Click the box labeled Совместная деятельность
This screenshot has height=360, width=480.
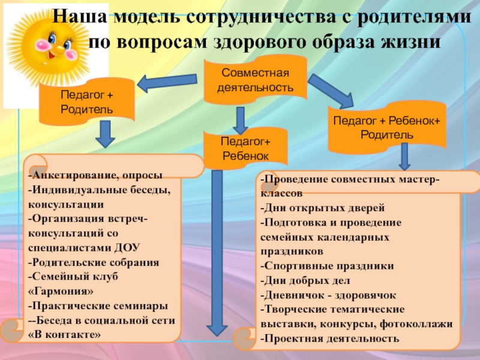(255, 80)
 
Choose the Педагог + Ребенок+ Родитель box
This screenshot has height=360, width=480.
(386, 127)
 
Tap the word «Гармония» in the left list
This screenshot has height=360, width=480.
(61, 290)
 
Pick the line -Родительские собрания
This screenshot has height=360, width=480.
(93, 262)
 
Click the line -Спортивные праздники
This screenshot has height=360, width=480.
(327, 265)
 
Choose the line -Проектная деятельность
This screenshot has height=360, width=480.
(329, 338)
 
